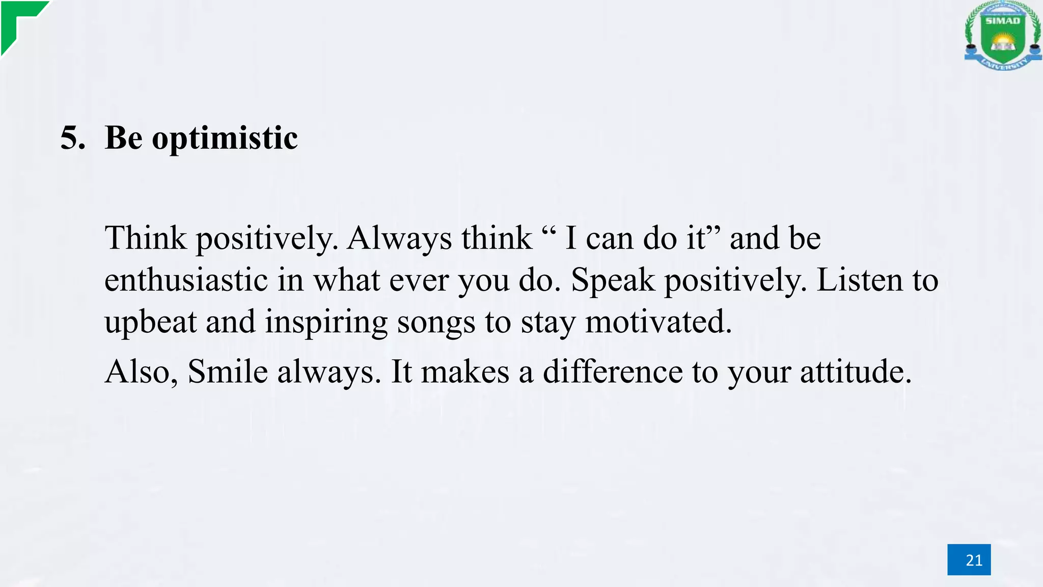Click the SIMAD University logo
pyautogui.click(x=1002, y=36)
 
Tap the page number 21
pyautogui.click(x=969, y=560)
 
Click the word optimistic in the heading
pyautogui.click(x=225, y=139)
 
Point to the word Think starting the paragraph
pyautogui.click(x=146, y=238)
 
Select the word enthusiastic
pyautogui.click(x=186, y=280)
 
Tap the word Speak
pyautogui.click(x=613, y=281)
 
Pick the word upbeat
pyautogui.click(x=150, y=323)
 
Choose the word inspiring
pyautogui.click(x=326, y=323)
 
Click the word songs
pyautogui.click(x=436, y=323)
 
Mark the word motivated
pyautogui.click(x=658, y=322)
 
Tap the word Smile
pyautogui.click(x=228, y=371)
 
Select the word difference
pyautogui.click(x=612, y=371)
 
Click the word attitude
pyautogui.click(x=856, y=371)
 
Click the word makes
pyautogui.click(x=465, y=371)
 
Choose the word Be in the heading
pyautogui.click(x=123, y=138)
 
